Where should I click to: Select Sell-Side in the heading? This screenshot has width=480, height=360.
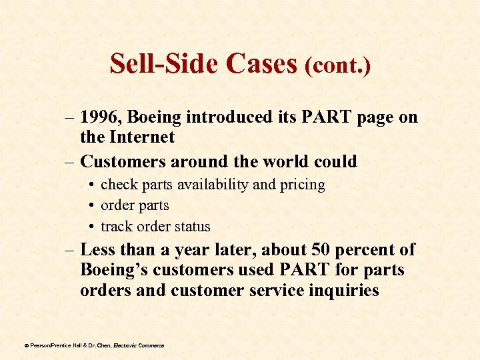click(x=165, y=63)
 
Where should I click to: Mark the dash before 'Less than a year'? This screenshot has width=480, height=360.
click(x=69, y=250)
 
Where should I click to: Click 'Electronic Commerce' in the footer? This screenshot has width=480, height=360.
click(x=139, y=345)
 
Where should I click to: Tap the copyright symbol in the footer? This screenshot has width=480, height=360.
click(x=26, y=345)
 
